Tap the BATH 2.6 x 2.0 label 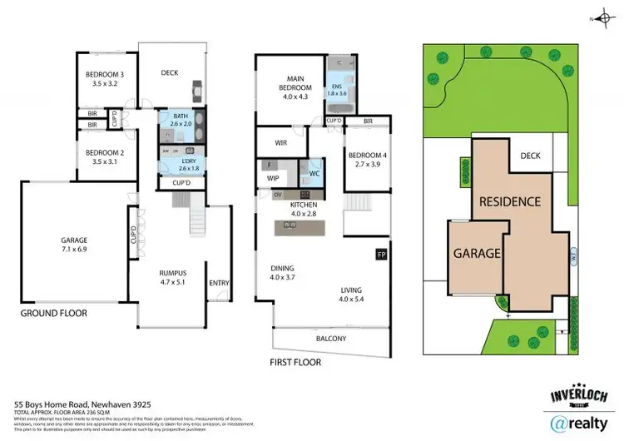[x=181, y=121]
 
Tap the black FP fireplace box [x=382, y=254]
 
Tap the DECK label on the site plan [x=530, y=156]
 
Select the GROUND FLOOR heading [x=54, y=314]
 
